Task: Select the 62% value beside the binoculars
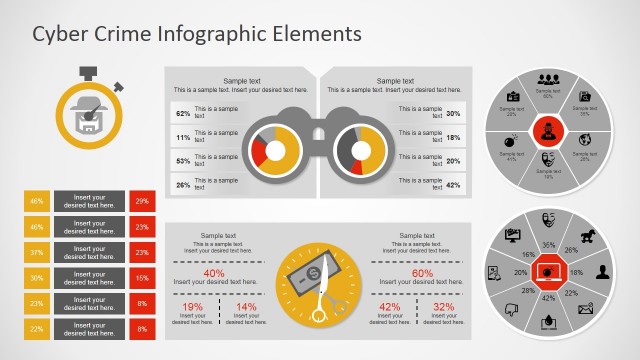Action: click(x=183, y=113)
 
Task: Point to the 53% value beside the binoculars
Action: click(x=183, y=160)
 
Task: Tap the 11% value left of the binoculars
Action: click(x=183, y=137)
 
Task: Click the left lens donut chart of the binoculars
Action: click(x=273, y=148)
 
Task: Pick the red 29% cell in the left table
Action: click(x=142, y=201)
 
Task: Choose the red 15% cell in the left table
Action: click(x=142, y=278)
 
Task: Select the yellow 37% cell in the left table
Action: click(x=37, y=252)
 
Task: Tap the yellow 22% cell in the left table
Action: click(x=37, y=329)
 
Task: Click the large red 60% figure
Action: click(x=422, y=273)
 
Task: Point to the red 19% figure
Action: click(x=192, y=307)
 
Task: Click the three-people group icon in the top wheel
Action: click(x=547, y=80)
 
